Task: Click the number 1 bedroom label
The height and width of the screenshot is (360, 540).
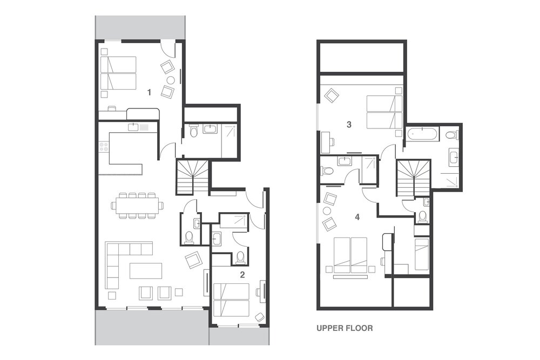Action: pos(149,92)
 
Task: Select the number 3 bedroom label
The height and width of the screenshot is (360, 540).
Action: pos(349,124)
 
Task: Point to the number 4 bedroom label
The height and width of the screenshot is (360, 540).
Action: pos(357,217)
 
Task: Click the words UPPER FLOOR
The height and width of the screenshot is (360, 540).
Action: pos(345,328)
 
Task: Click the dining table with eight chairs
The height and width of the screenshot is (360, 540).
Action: pos(137,206)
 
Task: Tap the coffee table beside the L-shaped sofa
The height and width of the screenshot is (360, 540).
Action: pos(146,270)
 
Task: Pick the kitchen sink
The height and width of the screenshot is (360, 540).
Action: pos(133,127)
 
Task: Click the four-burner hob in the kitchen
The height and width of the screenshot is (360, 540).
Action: pos(104,147)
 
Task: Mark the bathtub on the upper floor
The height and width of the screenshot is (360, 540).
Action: pos(422,134)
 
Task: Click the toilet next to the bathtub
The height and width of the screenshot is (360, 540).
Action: pos(451,134)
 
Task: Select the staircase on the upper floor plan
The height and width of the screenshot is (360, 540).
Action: pos(413,179)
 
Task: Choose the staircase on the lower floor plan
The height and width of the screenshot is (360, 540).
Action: pos(192,176)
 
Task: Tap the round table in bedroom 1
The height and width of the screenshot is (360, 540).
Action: pos(171,80)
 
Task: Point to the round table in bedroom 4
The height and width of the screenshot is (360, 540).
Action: pos(327,210)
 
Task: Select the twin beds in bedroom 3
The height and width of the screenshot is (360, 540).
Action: pos(384,112)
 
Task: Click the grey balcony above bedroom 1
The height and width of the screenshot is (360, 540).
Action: pos(140,28)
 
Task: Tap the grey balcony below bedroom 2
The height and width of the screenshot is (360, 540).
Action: pos(239,336)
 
